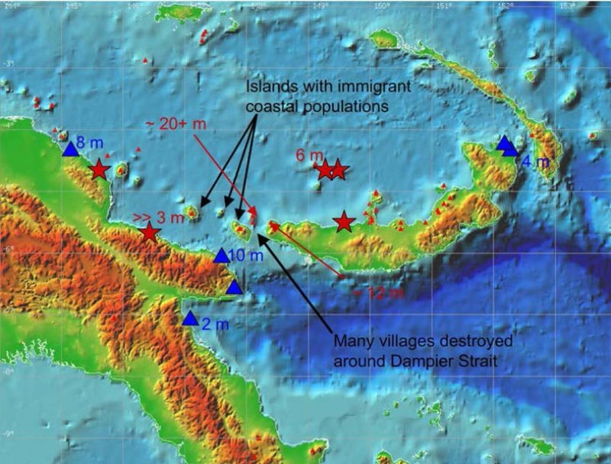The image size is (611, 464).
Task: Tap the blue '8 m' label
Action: point(89,141)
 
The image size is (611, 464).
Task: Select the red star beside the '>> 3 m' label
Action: point(150,233)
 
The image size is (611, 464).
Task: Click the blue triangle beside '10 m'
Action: point(221,256)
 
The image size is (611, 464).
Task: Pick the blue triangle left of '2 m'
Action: point(190,319)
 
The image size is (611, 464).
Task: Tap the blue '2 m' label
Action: point(215,324)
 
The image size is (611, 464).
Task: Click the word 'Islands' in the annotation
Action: point(271,89)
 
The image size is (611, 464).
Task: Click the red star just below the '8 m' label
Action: point(99,170)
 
